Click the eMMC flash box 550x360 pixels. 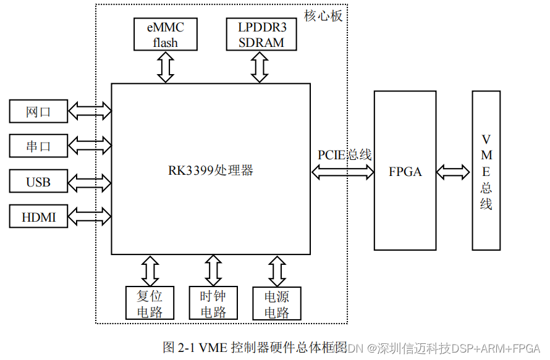coord(165,35)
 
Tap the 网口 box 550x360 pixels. coord(38,112)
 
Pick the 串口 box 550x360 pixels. coord(38,146)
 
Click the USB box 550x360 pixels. coord(38,182)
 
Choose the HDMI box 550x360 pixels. coord(38,217)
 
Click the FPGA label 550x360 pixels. coord(405,172)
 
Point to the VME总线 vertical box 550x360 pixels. coord(486,171)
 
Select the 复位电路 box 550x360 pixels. coord(149,303)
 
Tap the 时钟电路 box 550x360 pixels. coord(213,303)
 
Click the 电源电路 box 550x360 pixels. coord(277,303)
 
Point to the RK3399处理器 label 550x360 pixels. coord(211,170)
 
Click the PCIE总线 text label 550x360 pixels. coord(344,155)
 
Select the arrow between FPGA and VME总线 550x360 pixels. coord(454,171)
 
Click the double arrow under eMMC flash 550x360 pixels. coord(165,67)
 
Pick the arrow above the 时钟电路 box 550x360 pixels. coord(213,270)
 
